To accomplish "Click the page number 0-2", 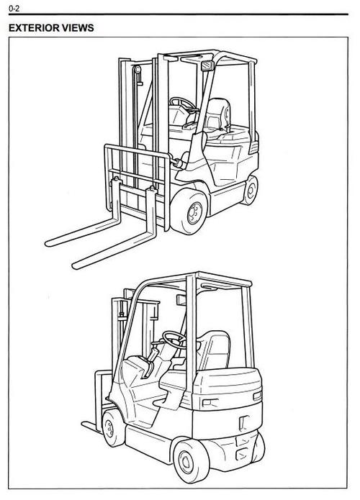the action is click(x=14, y=9).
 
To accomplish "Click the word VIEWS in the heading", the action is click(x=78, y=28).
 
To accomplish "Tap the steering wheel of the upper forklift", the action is click(x=182, y=104).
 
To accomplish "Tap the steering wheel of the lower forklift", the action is click(x=174, y=339).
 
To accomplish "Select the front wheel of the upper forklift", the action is click(x=189, y=212).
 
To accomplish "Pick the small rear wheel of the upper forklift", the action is click(x=251, y=191).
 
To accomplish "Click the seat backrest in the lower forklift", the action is click(x=215, y=349).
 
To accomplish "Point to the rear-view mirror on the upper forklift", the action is click(x=207, y=65).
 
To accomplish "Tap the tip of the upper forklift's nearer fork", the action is click(x=75, y=265).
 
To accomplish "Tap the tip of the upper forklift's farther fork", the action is click(x=48, y=244).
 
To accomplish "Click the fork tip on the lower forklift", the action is click(x=84, y=424).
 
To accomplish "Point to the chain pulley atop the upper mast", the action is click(x=138, y=70).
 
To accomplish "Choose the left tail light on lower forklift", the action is click(x=210, y=404).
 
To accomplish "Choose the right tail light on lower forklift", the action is click(x=258, y=396).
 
